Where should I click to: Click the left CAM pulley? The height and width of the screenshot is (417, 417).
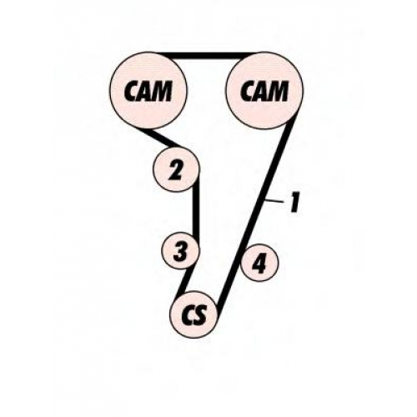click(x=148, y=91)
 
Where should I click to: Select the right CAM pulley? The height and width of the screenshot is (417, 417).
click(x=265, y=91)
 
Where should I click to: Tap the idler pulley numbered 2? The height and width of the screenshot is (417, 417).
click(x=176, y=168)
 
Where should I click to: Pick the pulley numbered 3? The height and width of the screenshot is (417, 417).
click(x=181, y=250)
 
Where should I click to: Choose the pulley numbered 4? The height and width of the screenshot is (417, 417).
click(x=259, y=263)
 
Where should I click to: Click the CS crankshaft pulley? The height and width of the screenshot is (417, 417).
click(x=193, y=314)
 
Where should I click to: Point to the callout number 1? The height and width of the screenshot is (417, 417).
click(x=294, y=203)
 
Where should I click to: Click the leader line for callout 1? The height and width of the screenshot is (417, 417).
click(x=274, y=201)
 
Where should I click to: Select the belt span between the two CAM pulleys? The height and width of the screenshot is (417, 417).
click(x=207, y=56)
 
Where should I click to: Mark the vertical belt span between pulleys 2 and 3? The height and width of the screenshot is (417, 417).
click(x=196, y=208)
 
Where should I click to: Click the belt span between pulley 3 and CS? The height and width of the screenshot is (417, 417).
click(x=187, y=280)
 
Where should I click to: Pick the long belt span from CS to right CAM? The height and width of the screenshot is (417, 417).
click(x=256, y=211)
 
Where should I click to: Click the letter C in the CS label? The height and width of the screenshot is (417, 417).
click(x=188, y=315)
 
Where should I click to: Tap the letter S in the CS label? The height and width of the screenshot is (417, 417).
click(x=201, y=315)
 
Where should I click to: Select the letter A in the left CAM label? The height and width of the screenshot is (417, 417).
click(x=147, y=91)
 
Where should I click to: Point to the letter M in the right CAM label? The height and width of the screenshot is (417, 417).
click(x=278, y=91)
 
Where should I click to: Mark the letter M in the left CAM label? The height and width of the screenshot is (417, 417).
click(x=162, y=91)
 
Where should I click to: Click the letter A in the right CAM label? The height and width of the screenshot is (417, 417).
click(x=263, y=91)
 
